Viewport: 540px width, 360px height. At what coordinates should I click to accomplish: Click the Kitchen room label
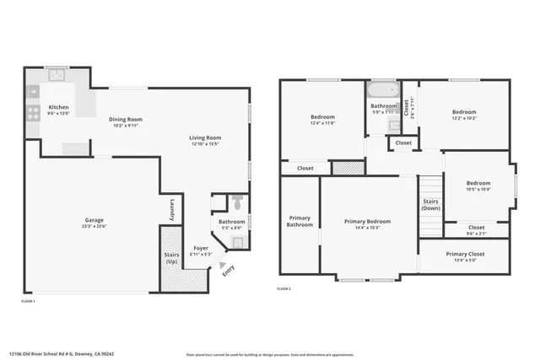[58, 107]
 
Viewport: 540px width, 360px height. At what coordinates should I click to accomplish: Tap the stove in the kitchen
[32, 111]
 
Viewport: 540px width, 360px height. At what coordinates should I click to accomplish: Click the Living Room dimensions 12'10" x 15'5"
[205, 144]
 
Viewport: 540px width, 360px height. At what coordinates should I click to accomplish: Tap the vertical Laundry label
[171, 209]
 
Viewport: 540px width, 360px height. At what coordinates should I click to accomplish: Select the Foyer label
[201, 248]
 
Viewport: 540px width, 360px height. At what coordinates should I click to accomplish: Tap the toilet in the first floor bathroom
[237, 202]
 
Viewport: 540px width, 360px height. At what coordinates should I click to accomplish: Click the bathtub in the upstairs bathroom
[382, 89]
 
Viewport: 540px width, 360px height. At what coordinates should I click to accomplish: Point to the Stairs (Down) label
[430, 205]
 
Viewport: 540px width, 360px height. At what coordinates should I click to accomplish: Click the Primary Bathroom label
[300, 221]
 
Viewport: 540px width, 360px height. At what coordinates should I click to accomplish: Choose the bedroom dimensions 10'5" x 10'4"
[478, 189]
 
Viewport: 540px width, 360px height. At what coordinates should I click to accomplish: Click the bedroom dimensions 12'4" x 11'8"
[322, 123]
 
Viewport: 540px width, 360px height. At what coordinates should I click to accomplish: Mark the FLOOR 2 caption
[283, 289]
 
